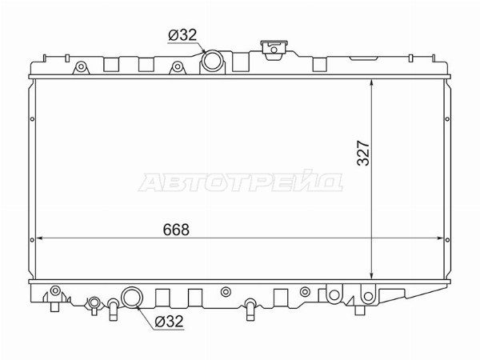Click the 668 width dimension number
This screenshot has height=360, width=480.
[176, 230]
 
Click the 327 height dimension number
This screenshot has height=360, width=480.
[364, 153]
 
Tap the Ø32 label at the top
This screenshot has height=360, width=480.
[182, 35]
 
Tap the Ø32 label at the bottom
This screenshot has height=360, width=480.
[169, 322]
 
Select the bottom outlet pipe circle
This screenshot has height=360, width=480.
[132, 297]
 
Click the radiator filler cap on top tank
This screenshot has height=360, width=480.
[274, 50]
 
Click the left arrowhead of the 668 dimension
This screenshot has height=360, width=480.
[39, 238]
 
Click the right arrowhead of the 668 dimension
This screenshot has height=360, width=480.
[440, 238]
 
